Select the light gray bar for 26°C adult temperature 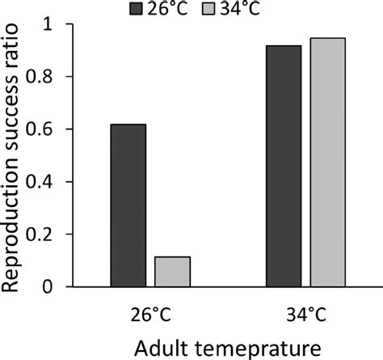pyautogui.click(x=172, y=272)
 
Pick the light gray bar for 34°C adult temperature pyautogui.click(x=327, y=162)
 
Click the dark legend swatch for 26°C pyautogui.click(x=137, y=9)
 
